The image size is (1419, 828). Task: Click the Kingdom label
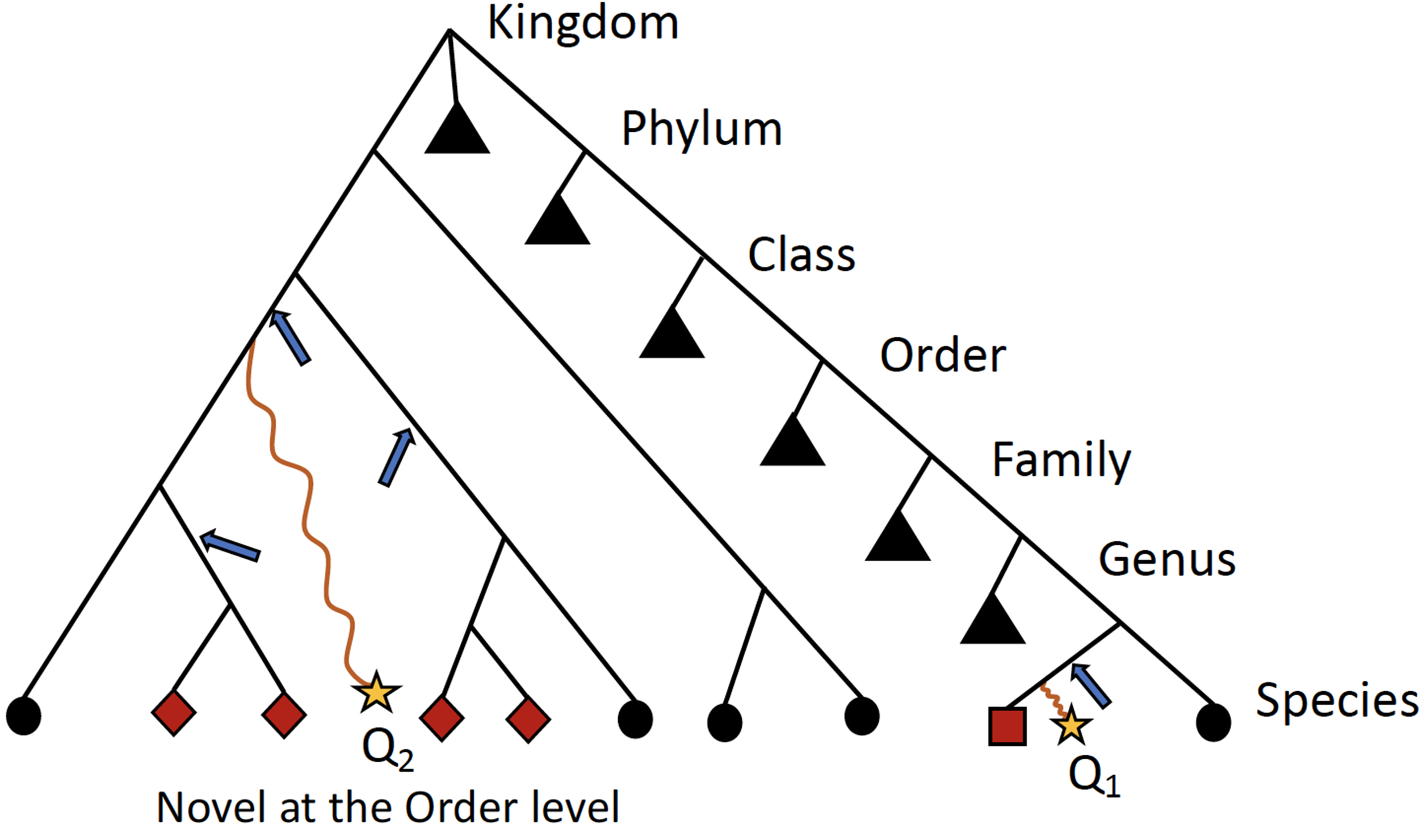pos(583,24)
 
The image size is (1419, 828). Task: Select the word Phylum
pos(702,129)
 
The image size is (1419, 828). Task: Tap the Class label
pos(801,255)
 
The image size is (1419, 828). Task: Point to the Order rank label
pos(943,356)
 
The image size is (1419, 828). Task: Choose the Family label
pos(1061,460)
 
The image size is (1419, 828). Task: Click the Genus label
pos(1167,559)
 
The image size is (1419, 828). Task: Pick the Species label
pos(1337,700)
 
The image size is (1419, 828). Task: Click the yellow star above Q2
pos(376,692)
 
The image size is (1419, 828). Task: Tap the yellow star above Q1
pos(1070,725)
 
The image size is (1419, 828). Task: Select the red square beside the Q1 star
pos(1007,726)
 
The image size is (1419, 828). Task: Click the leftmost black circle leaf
pos(24,716)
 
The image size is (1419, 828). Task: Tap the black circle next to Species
pos(1214,722)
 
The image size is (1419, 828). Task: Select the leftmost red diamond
pos(174,713)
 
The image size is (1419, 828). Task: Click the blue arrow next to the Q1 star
pos(1090,685)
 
